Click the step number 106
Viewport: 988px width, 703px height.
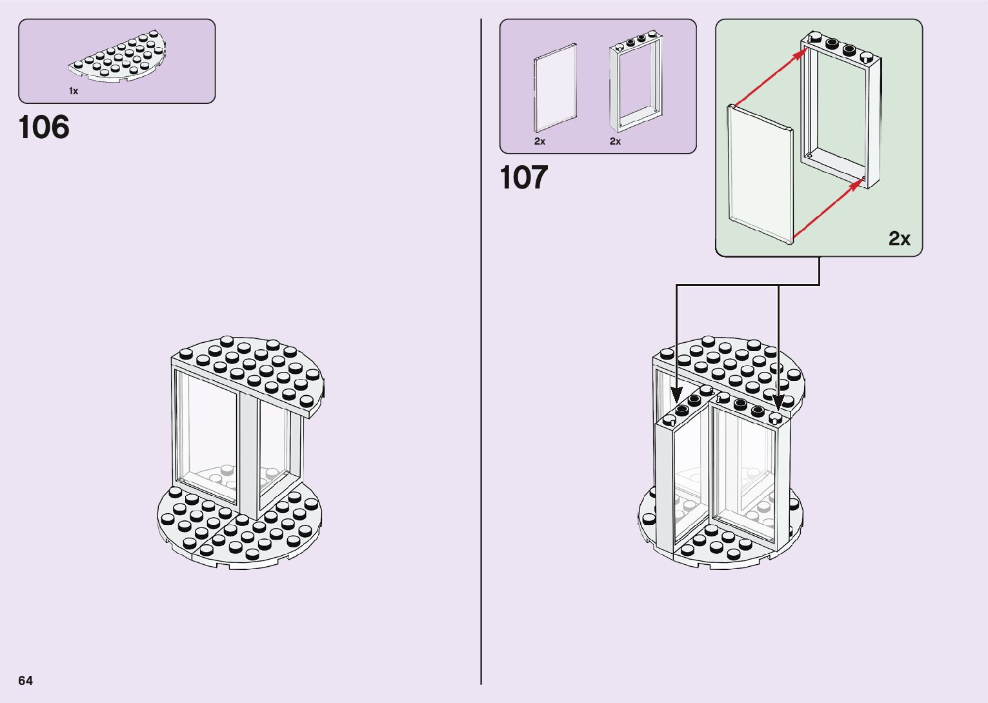tap(44, 127)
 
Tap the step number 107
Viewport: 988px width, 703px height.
tap(523, 178)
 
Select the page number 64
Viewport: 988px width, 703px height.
tap(25, 680)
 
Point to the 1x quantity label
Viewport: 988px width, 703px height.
tap(74, 92)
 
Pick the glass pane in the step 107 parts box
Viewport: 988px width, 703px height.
tap(555, 88)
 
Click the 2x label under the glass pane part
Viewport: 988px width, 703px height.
tap(539, 141)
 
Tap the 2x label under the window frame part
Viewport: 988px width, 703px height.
tap(615, 141)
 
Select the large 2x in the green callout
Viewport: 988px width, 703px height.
tap(899, 239)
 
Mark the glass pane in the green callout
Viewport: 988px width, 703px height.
tap(760, 174)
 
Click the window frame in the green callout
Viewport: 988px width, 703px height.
tap(842, 110)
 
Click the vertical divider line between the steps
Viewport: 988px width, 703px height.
tap(481, 352)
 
